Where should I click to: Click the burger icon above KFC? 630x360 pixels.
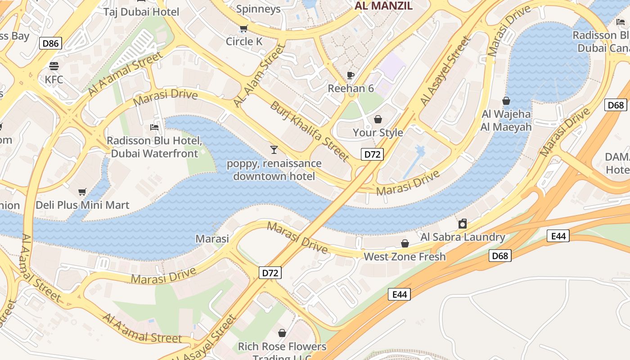54,67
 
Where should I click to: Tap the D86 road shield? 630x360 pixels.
50,43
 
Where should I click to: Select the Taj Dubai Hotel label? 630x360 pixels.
141,12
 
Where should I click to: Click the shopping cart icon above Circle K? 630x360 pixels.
244,29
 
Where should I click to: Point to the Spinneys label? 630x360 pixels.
258,9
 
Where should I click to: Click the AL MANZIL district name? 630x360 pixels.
383,6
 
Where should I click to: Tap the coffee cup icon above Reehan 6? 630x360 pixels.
351,75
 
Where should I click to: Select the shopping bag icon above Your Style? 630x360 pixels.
378,119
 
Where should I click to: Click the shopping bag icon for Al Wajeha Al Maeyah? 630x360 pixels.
506,101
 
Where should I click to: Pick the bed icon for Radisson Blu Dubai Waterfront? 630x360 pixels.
154,127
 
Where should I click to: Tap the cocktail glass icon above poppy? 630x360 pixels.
274,150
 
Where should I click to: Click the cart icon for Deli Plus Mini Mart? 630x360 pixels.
82,192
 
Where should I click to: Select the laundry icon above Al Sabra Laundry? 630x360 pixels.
463,224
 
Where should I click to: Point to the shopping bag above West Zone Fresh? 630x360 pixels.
405,243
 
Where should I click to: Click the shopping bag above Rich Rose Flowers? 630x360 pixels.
282,333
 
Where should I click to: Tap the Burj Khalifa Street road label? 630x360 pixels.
309,131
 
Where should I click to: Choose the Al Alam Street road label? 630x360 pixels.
259,76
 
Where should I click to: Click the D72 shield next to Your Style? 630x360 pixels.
372,154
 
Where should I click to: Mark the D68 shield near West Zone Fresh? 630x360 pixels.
500,256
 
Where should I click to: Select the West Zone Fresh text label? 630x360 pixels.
405,256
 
